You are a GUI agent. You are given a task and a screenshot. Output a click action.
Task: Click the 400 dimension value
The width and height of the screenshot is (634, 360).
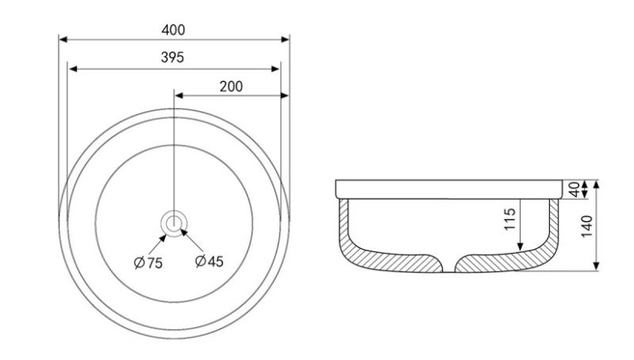173,30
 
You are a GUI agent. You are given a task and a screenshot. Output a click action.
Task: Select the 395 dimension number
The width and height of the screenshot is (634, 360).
172,57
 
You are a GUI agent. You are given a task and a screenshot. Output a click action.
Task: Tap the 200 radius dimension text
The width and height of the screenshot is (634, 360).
231,86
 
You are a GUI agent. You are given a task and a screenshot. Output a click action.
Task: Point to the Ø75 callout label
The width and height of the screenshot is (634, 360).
148,263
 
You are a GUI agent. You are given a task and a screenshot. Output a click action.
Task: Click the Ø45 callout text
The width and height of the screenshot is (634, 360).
209,262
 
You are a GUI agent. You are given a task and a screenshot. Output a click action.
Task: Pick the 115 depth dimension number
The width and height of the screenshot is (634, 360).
510,219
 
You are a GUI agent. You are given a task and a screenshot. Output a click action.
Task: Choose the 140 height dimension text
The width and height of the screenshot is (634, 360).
586,227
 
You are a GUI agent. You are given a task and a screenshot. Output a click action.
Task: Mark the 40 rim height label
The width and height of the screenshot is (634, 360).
575,190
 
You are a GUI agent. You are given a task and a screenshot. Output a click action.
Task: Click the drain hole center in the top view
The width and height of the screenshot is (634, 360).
174,223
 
